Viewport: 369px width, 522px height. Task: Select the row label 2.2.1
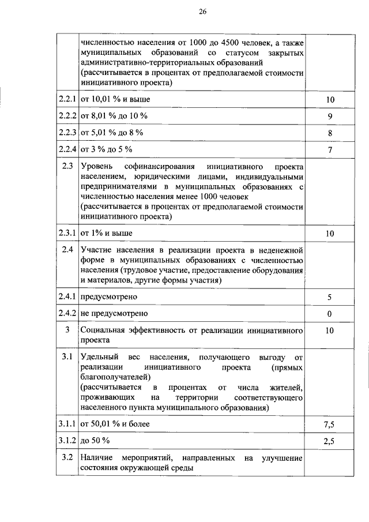coord(67,100)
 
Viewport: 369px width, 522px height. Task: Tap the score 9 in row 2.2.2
coord(329,117)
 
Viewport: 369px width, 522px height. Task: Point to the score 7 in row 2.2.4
coord(329,150)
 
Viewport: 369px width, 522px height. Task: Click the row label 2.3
coord(67,167)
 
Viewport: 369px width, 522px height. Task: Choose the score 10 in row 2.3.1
coord(329,234)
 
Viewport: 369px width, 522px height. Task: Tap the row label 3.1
coord(67,358)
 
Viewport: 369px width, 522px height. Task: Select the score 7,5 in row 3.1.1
coord(329,425)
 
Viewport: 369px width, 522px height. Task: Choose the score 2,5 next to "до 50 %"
coord(329,441)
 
